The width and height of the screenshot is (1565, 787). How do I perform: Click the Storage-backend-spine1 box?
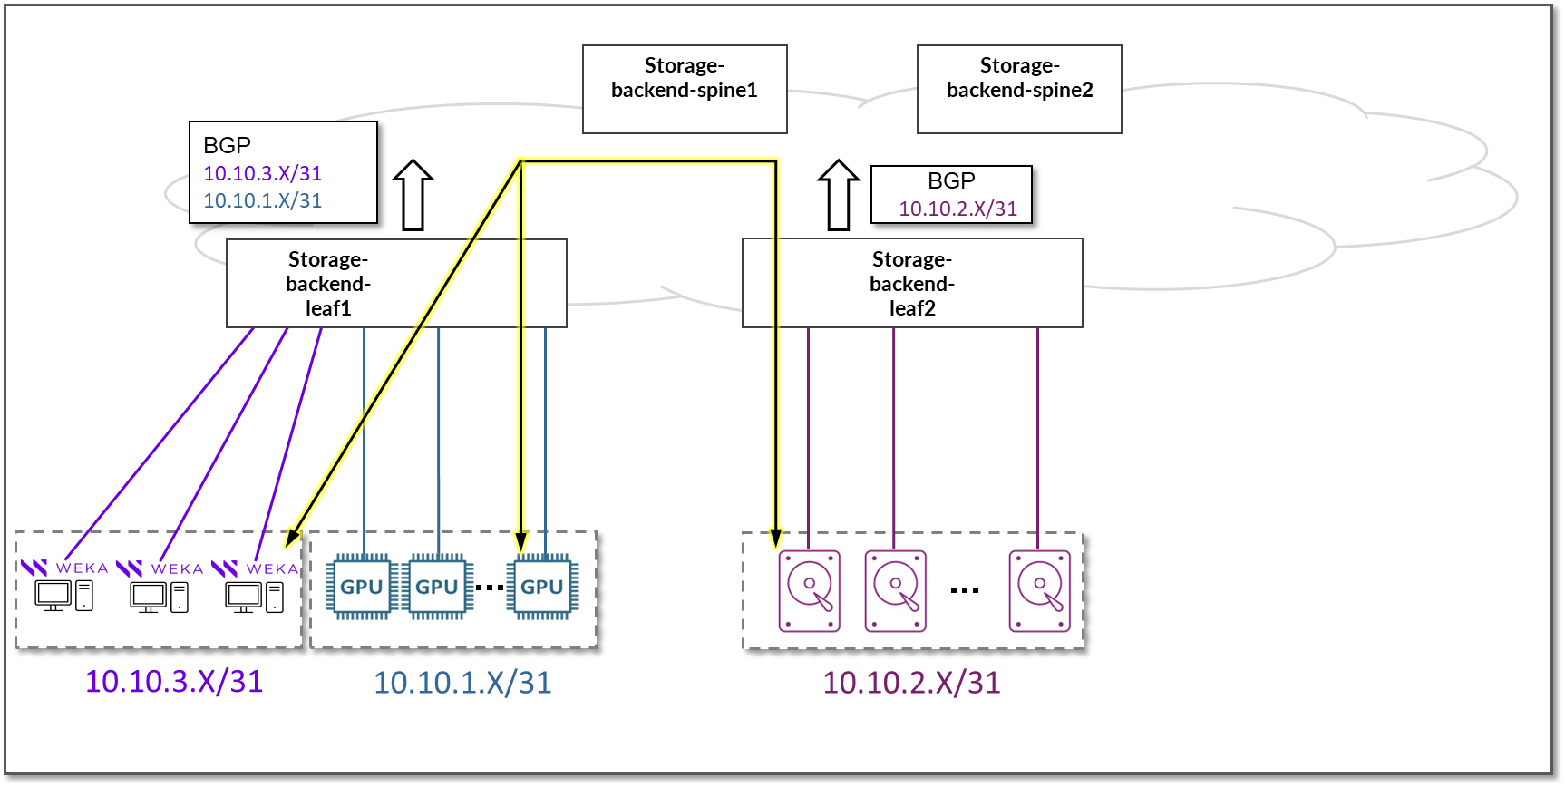pos(685,89)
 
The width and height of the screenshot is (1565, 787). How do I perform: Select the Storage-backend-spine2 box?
pos(1019,89)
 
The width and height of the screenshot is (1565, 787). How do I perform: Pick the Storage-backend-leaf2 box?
pos(912,283)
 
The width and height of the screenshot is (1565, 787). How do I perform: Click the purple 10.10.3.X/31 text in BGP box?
pos(263,173)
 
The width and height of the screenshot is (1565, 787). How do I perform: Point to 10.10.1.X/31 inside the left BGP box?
pos(263,200)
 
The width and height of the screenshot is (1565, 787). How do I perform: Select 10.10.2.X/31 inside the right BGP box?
pos(957,209)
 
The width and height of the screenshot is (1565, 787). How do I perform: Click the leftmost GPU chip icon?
pos(362,587)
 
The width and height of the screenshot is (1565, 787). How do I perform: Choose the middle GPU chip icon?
pos(437,587)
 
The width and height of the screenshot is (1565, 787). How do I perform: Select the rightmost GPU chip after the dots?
pos(542,587)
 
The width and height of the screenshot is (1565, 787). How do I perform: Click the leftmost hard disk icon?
pos(810,590)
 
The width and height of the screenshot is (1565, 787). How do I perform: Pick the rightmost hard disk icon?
pos(1040,590)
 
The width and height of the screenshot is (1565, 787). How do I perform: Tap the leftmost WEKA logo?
pos(34,568)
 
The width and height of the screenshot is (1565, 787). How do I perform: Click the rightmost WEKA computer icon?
pos(254,597)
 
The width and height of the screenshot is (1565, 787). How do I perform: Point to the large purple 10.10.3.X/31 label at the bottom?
pos(174,681)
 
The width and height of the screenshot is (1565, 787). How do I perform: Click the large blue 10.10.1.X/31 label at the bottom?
pos(462,683)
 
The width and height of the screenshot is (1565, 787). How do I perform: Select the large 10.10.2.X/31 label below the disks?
pos(911,683)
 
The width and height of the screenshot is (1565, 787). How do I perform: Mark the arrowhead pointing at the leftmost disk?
pos(776,538)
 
